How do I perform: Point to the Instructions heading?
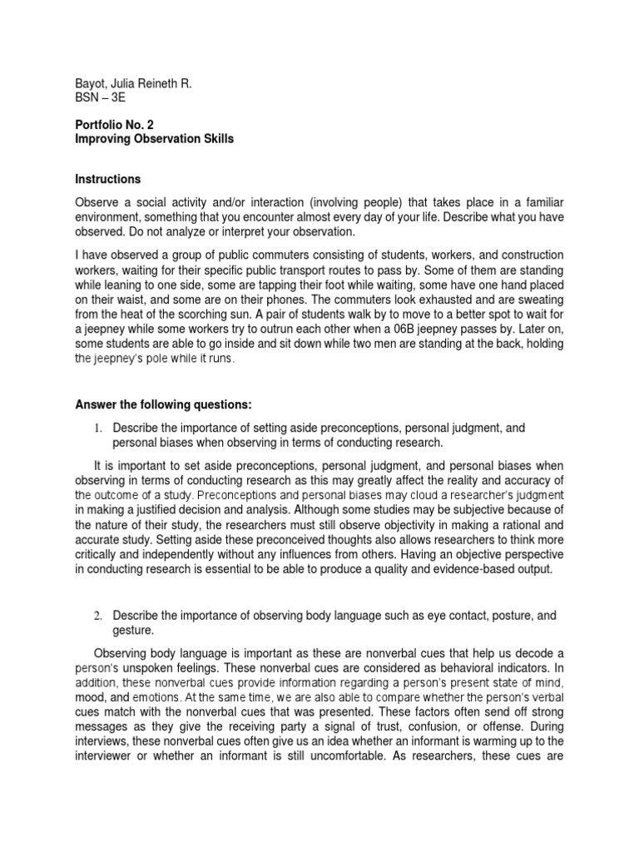point(108,179)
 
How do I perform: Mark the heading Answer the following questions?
point(163,405)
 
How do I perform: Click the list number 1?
point(97,428)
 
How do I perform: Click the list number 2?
point(97,616)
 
